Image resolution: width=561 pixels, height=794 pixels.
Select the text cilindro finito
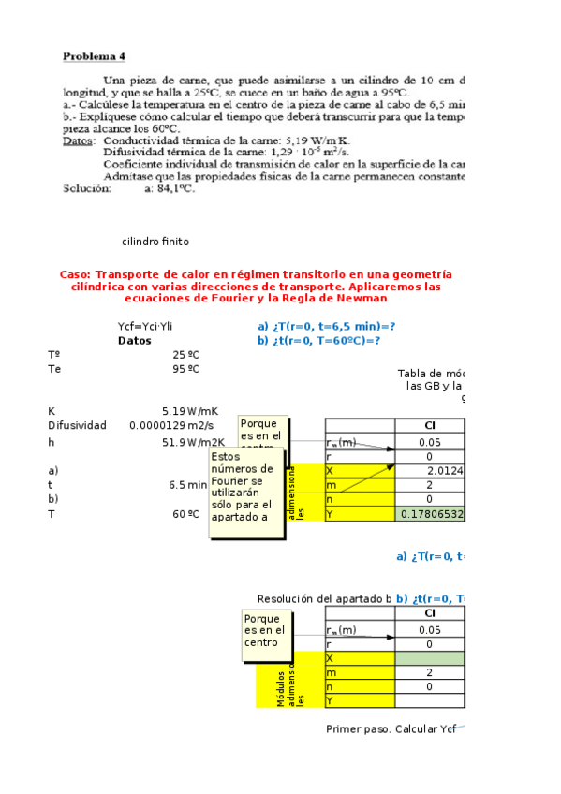coord(155,242)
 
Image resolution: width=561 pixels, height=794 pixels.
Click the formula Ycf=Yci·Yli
coord(145,326)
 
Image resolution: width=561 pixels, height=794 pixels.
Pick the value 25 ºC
coord(185,355)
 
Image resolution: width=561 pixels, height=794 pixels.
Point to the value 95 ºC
coord(185,369)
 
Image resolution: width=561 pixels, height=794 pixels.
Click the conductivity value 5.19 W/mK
coord(190,411)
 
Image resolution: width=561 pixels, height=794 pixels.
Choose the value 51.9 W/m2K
coord(193,443)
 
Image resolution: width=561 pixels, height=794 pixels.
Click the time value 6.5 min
coord(187,485)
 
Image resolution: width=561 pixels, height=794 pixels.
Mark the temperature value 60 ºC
coord(185,514)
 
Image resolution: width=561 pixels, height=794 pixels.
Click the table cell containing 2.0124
coord(445,470)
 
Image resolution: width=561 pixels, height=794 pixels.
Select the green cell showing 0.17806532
coord(432,514)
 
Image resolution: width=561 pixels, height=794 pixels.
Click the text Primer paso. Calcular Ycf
coord(391,728)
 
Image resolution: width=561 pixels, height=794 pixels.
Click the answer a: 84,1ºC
coord(170,188)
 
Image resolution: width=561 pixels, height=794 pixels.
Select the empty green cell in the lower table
coord(430,658)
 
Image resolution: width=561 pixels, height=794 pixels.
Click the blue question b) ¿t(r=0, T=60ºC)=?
coord(318,341)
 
